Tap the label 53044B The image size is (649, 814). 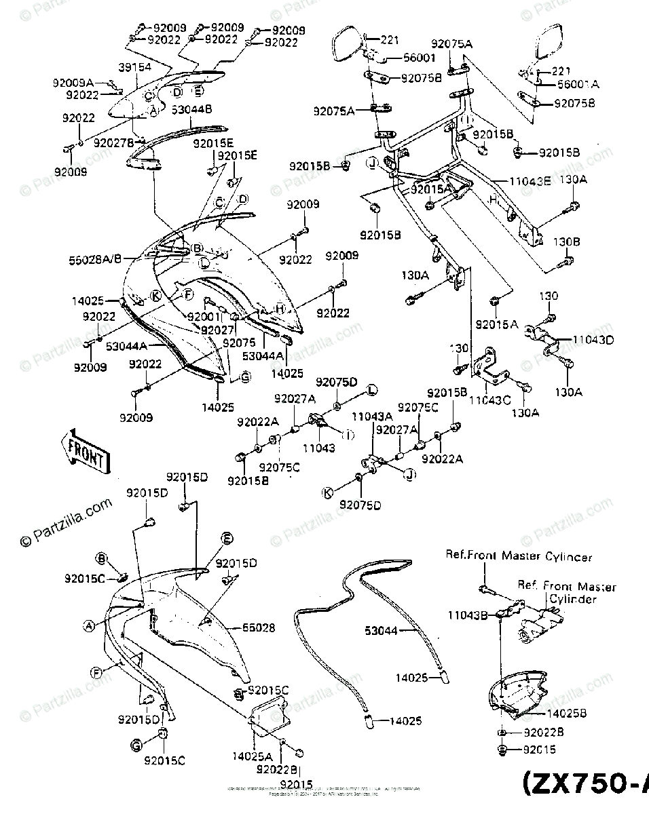click(192, 109)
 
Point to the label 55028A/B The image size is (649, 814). click(95, 258)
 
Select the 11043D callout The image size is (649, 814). click(593, 339)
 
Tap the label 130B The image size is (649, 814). click(567, 241)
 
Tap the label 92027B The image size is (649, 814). click(114, 142)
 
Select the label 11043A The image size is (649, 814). click(371, 416)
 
